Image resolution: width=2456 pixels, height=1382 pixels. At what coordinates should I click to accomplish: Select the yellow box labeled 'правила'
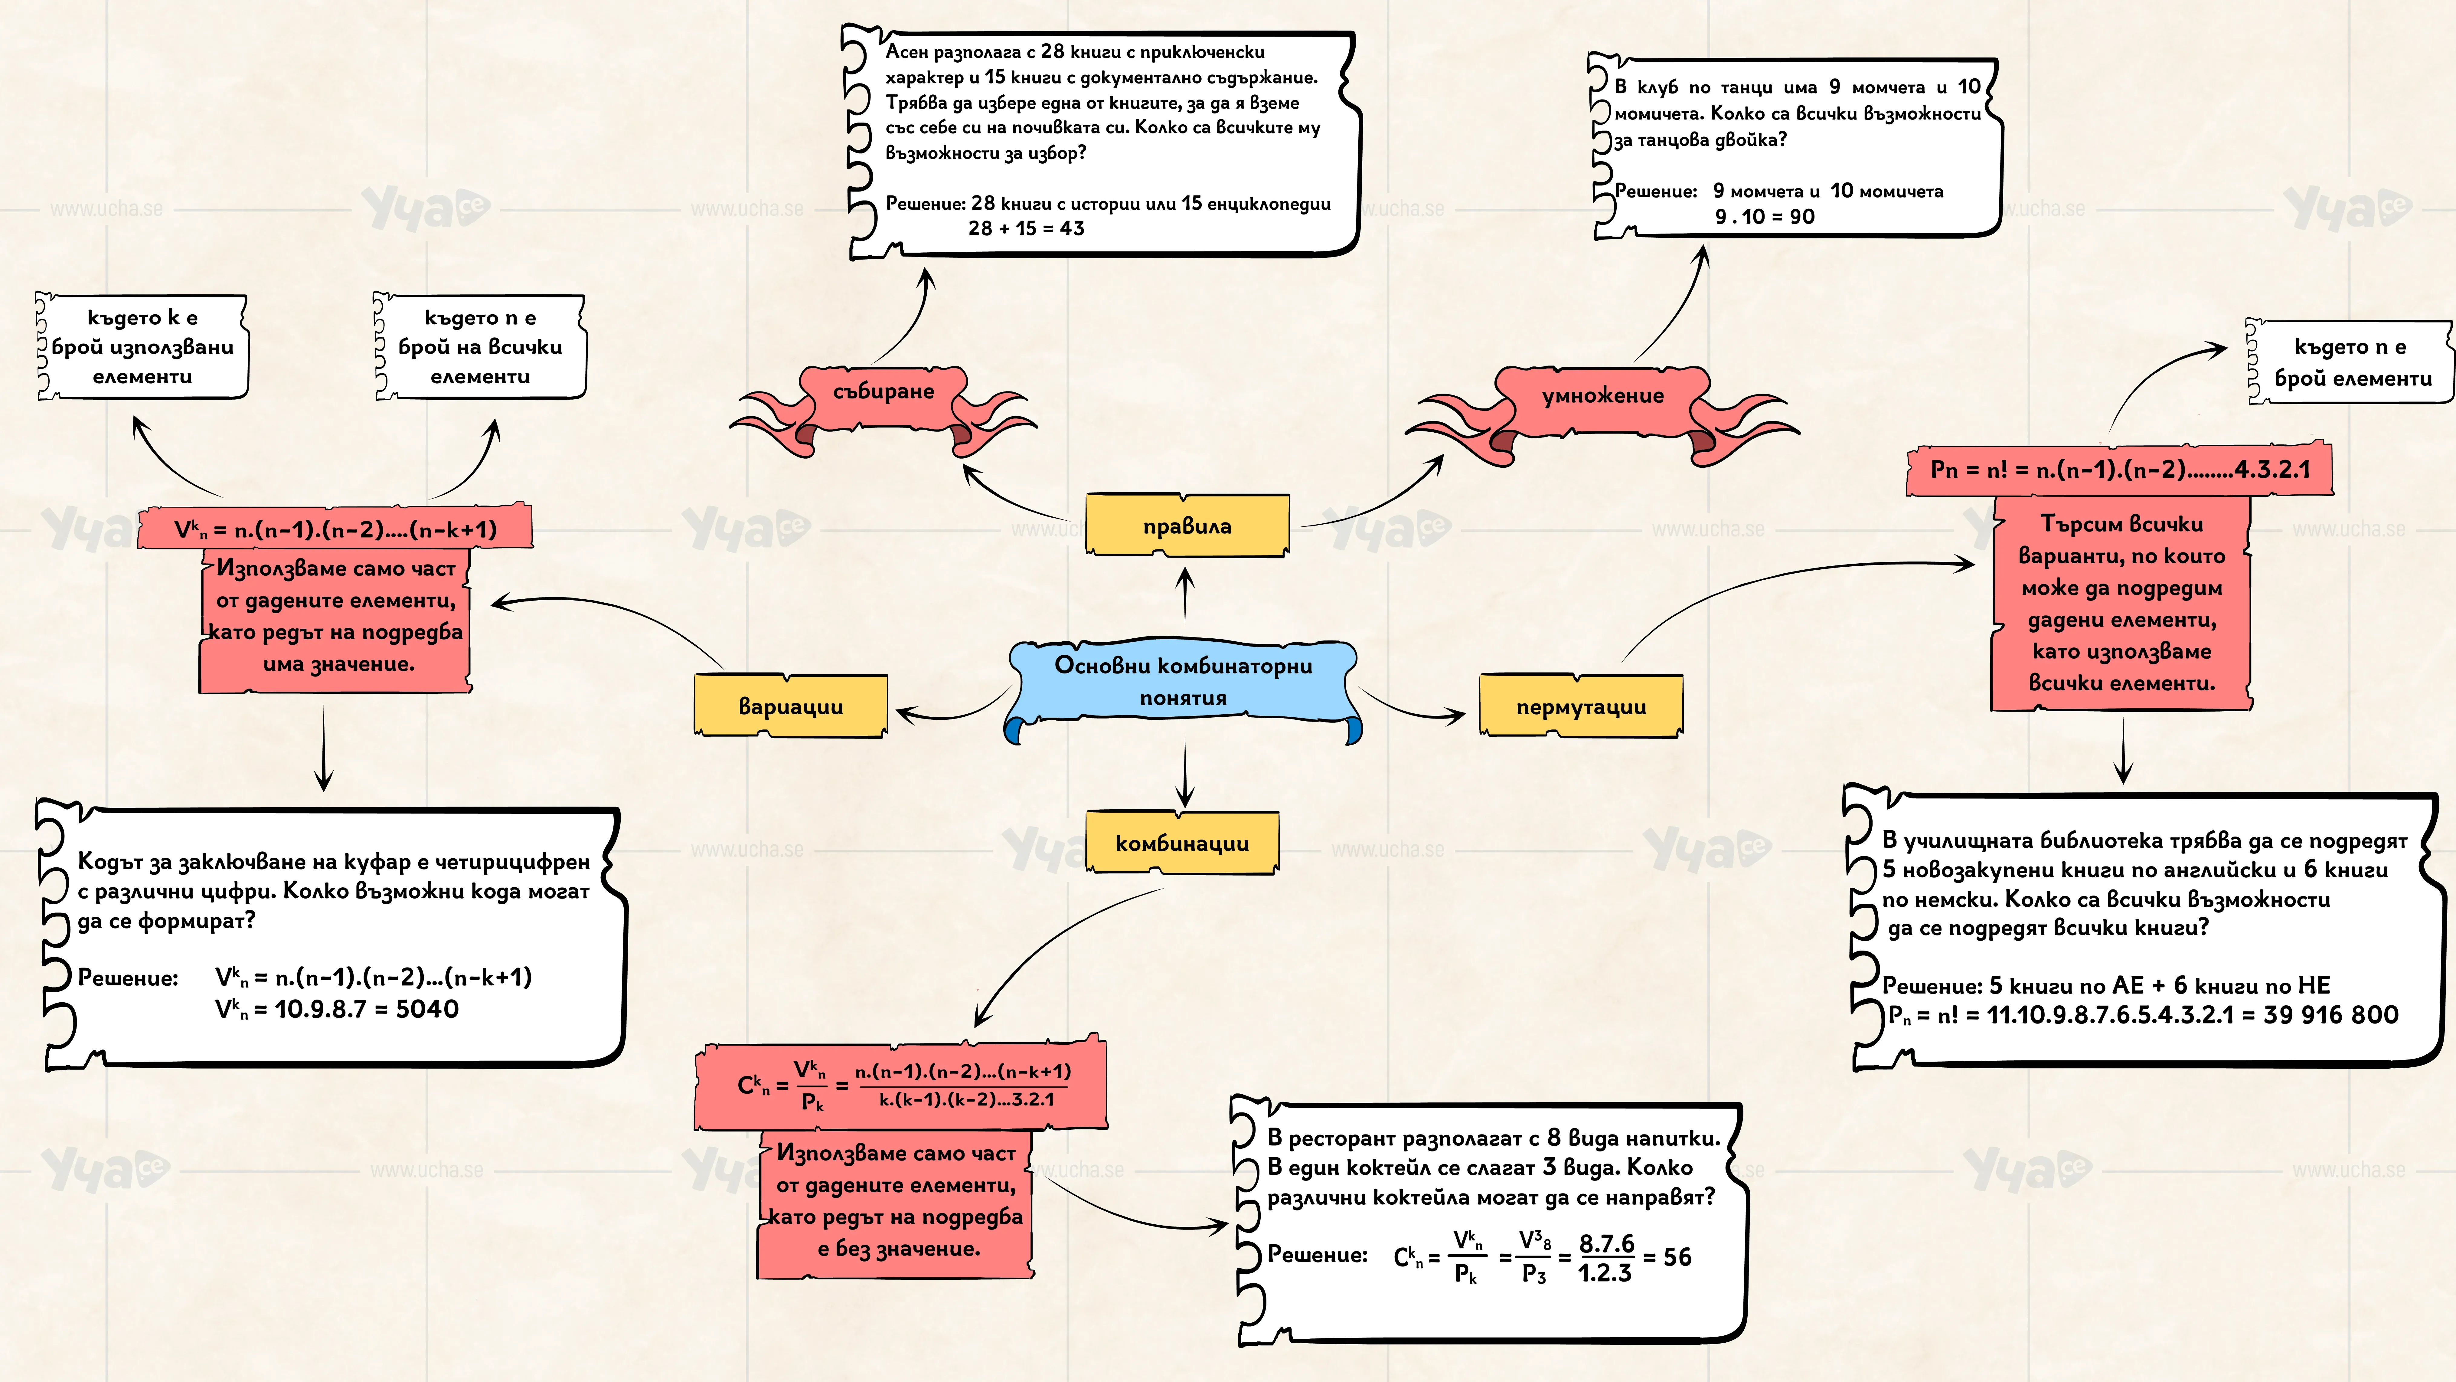coord(1187,525)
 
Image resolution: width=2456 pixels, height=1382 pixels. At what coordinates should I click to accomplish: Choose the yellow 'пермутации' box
coord(1581,706)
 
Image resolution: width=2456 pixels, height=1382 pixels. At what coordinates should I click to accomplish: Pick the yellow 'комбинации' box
coord(1182,842)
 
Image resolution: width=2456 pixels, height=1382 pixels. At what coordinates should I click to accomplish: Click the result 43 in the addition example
coord(1072,228)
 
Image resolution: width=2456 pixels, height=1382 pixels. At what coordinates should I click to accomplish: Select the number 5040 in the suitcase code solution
coord(427,1009)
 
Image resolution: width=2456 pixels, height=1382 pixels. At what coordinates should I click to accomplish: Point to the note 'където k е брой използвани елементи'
coord(142,346)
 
